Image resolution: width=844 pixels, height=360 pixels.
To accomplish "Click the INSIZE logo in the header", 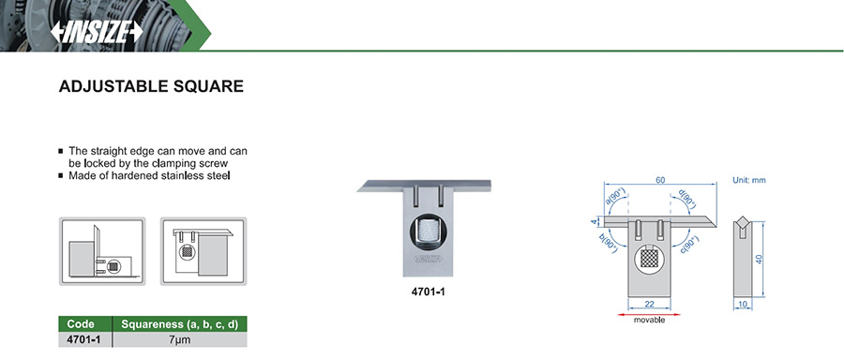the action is point(97,32).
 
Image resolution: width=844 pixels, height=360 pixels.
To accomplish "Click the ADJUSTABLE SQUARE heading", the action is point(151,86).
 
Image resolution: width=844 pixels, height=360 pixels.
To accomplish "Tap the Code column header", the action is point(81,324).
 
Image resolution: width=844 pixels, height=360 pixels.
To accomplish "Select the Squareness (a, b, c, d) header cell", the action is point(180,324).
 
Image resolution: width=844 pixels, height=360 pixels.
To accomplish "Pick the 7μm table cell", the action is point(180,339).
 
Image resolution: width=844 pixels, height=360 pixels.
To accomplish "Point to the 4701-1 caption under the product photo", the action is point(428,292).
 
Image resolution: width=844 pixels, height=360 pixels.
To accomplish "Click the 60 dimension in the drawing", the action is point(659,180).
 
